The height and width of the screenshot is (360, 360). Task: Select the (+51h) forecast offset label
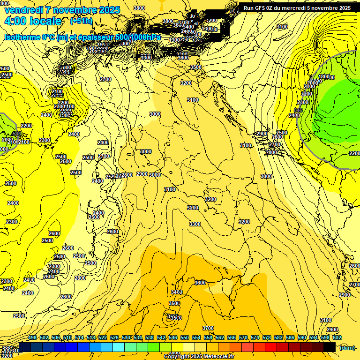(x=81, y=21)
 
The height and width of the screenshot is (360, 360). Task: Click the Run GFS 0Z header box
(x=297, y=7)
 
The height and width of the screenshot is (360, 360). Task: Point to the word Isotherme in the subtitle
(x=22, y=37)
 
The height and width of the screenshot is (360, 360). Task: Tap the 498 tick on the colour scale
(x=32, y=338)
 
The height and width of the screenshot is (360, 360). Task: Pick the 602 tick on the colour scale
(x=337, y=338)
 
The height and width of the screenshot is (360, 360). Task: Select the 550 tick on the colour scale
(x=185, y=338)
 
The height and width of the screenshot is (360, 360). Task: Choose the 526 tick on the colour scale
(x=114, y=338)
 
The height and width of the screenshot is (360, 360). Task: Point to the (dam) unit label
(x=346, y=347)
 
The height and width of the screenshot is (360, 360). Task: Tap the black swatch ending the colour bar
(x=330, y=347)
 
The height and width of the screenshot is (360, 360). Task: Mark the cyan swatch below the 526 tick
(x=119, y=347)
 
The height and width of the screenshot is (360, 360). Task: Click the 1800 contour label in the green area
(x=323, y=77)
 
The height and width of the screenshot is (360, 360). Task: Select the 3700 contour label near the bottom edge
(x=208, y=328)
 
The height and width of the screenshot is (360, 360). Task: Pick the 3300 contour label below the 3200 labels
(x=195, y=224)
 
